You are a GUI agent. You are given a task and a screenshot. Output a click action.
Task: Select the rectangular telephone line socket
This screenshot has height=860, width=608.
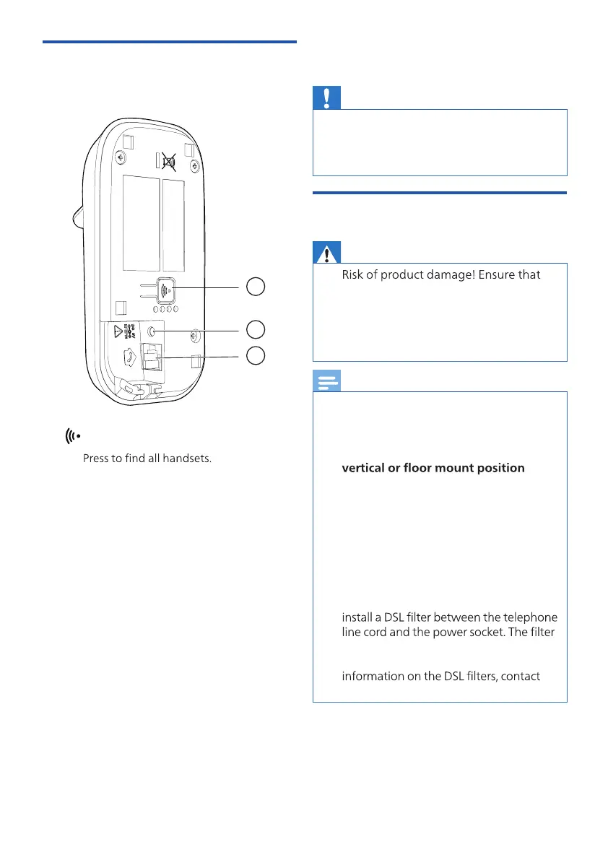point(151,355)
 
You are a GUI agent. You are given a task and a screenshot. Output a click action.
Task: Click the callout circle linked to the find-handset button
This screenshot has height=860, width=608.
point(254,287)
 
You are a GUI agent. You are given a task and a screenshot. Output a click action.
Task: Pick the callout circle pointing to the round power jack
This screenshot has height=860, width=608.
point(254,329)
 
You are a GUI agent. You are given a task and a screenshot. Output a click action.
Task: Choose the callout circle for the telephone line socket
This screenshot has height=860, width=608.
point(254,355)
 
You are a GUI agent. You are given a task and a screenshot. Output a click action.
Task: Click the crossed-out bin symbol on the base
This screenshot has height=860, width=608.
point(169,160)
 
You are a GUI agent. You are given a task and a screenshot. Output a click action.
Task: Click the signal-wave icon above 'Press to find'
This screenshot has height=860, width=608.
point(72,436)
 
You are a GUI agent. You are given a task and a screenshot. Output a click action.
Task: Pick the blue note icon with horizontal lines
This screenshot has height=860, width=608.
point(326,381)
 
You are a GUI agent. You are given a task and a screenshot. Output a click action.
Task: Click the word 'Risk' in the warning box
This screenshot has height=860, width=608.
point(352,275)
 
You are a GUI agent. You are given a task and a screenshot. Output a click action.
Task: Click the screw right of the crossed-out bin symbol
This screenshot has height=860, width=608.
point(195,165)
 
